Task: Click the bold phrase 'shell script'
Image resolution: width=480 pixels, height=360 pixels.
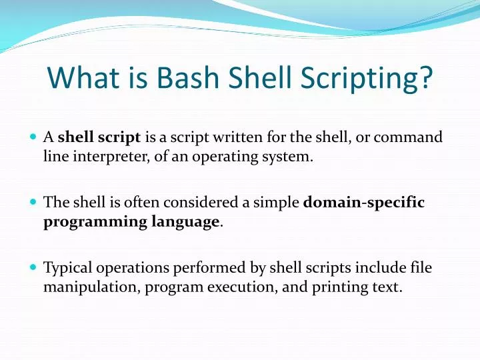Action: (99, 138)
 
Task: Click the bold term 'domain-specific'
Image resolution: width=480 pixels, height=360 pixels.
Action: (363, 202)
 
